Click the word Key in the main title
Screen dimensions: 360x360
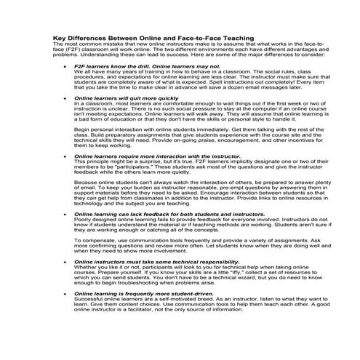click(x=60, y=38)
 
